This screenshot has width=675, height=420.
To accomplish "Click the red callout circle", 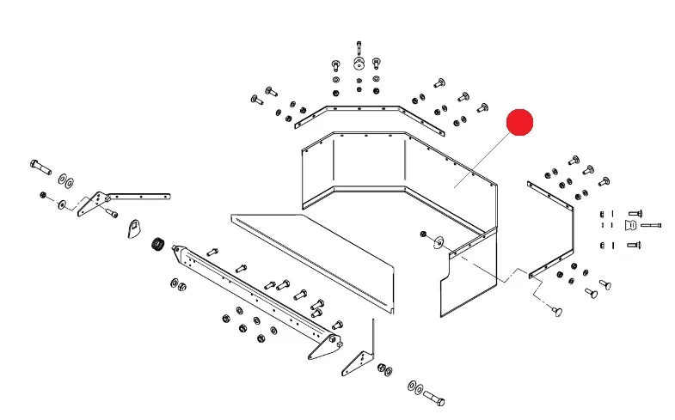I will (519, 123).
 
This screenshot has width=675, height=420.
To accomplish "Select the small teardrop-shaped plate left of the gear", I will (132, 229).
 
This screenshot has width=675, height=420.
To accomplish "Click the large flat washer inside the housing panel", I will (439, 240).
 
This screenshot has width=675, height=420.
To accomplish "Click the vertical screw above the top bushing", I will (358, 46).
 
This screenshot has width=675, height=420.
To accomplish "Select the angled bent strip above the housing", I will (369, 110).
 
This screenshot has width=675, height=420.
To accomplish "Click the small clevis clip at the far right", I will (630, 225).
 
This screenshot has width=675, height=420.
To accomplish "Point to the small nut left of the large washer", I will (423, 234).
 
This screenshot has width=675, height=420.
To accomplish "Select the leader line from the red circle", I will (486, 155).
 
